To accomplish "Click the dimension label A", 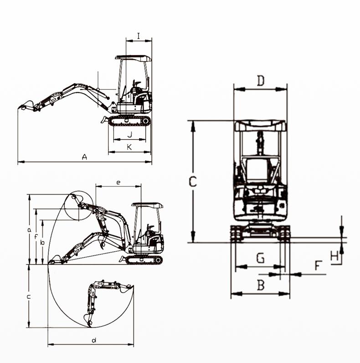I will click(84, 157).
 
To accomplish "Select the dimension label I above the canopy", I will click(139, 35).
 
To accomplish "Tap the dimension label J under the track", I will click(129, 134).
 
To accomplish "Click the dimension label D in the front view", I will click(260, 81).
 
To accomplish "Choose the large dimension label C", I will click(193, 181).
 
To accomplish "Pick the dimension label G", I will click(260, 259).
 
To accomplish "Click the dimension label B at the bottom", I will click(261, 285).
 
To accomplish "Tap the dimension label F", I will click(319, 265).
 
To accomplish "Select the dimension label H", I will click(335, 256).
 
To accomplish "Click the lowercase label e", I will click(118, 182).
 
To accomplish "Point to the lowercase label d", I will click(94, 340).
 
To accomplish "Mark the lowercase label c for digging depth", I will click(28, 296).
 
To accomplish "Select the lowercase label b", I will click(42, 243).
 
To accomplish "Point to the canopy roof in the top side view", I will click(133, 58).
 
